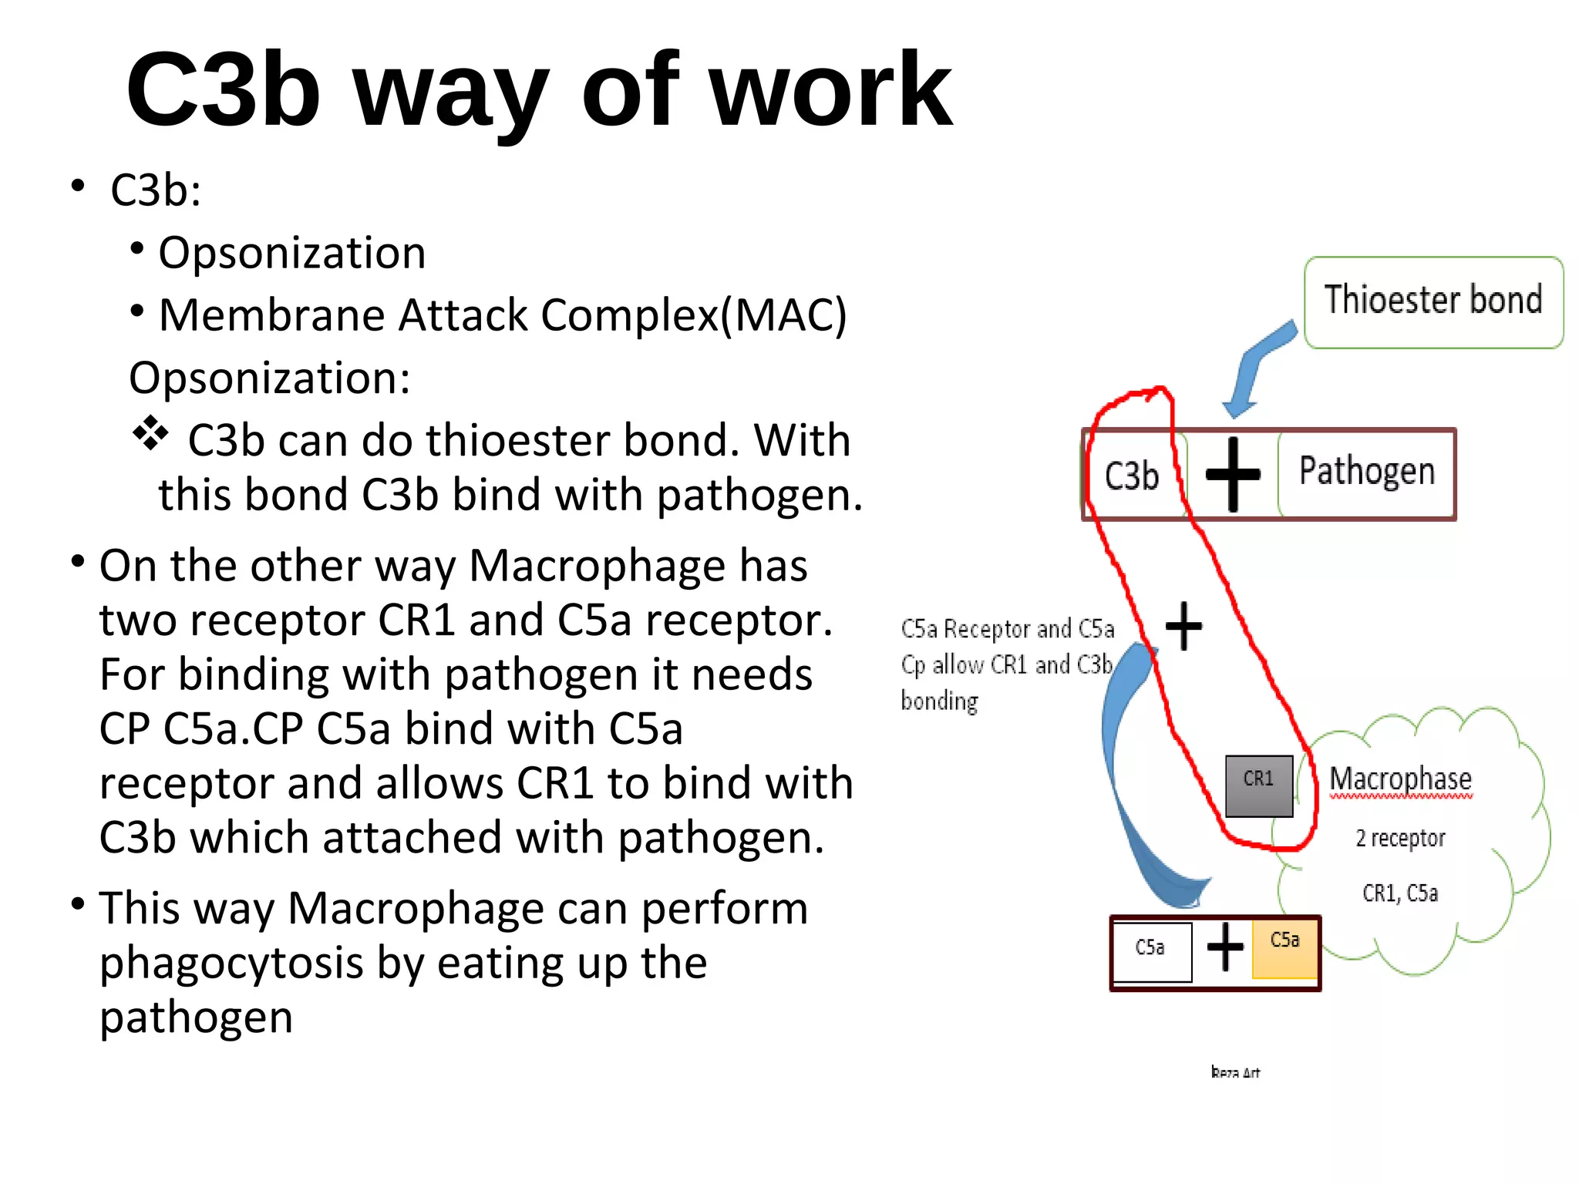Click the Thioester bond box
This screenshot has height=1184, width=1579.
coord(1433,301)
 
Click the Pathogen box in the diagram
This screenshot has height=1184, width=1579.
coord(1366,472)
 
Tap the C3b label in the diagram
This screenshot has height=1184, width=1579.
coord(1131,476)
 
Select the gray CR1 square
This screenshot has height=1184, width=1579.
coord(1259,785)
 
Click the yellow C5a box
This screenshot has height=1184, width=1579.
coord(1285,947)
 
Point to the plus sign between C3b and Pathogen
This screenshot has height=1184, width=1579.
coord(1233,475)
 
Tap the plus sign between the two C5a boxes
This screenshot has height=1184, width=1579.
coord(1224,947)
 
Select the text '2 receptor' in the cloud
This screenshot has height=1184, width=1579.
coord(1400,838)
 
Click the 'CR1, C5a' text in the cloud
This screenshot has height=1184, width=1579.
coord(1400,893)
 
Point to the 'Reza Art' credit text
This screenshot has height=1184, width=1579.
coord(1235,1072)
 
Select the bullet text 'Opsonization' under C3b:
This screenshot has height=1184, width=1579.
coord(291,253)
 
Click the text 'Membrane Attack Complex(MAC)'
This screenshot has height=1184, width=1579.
coord(503,315)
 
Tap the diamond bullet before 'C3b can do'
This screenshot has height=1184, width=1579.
coord(150,434)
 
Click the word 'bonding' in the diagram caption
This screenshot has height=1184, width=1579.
coord(939,701)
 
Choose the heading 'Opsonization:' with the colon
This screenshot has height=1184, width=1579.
coord(269,378)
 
